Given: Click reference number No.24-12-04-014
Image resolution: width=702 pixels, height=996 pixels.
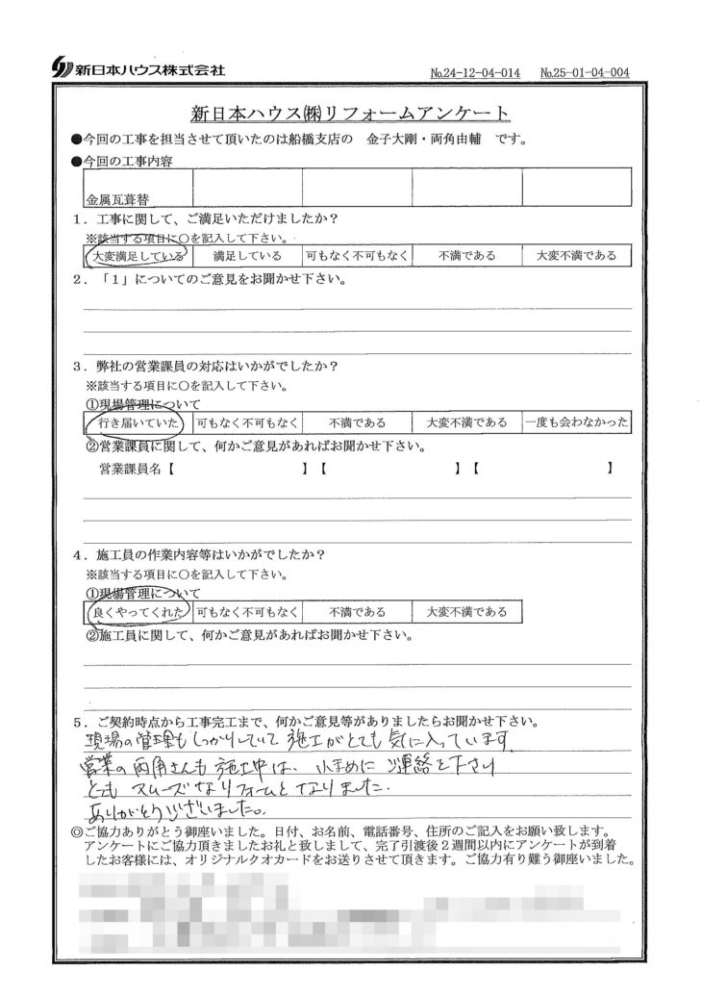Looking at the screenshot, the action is [x=476, y=72].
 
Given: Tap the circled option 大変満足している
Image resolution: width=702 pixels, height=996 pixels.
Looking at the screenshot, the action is [x=136, y=256].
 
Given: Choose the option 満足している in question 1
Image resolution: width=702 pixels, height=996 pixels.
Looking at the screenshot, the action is [x=247, y=256].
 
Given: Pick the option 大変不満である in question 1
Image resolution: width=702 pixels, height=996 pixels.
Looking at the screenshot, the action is [x=576, y=256].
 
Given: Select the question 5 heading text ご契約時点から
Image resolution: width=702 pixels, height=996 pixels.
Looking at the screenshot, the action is [x=317, y=720].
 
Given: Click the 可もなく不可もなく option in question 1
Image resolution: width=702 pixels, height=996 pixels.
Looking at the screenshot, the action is [x=357, y=256].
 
